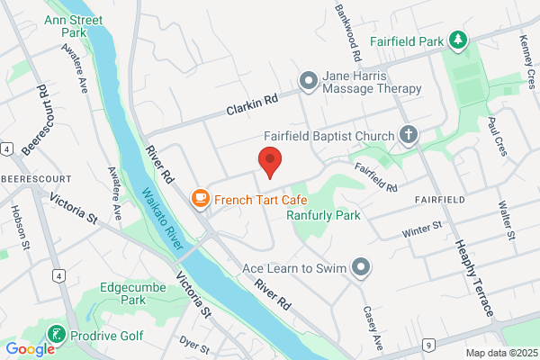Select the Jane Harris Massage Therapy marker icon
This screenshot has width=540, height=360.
pos(309,82)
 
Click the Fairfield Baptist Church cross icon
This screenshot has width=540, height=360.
pos(409,137)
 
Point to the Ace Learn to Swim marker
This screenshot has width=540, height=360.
pos(361,267)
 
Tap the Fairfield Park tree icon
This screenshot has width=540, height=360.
pos(459,40)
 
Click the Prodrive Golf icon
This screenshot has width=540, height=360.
pos(56,335)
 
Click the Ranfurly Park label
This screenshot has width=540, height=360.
pos(323,215)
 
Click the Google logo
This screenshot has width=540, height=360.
pos(30,349)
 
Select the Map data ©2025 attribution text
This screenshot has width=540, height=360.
pos(501,352)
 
